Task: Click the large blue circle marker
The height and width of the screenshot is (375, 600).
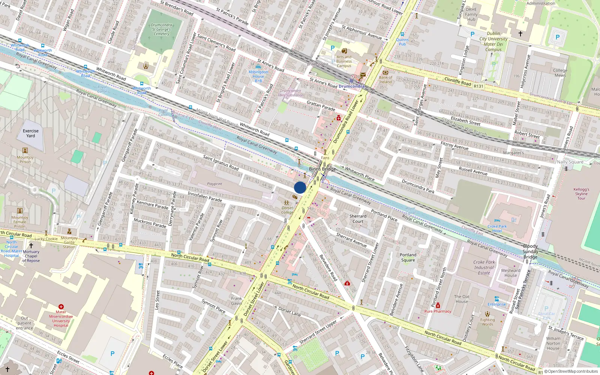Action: tap(300, 187)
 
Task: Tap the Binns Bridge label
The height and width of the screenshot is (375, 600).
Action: tap(322, 169)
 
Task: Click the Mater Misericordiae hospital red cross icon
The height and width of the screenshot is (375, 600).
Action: tap(61, 307)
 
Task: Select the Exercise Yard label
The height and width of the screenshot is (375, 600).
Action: tap(31, 133)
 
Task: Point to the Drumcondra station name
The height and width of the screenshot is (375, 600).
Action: tap(351, 86)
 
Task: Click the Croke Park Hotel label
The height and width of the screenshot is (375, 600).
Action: tap(497, 229)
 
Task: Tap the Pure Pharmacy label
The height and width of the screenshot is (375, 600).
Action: tap(438, 311)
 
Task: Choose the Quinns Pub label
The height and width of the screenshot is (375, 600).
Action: tap(402, 42)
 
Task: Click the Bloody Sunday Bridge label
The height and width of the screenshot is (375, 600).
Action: tap(530, 252)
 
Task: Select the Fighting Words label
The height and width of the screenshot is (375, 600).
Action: tap(487, 322)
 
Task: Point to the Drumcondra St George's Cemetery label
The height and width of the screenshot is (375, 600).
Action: tap(161, 30)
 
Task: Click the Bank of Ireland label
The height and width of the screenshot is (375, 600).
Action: tap(385, 79)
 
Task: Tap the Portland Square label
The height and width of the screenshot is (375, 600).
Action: tap(408, 257)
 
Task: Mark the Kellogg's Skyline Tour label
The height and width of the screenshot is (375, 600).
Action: tap(581, 194)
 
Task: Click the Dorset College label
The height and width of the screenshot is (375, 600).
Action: tap(288, 210)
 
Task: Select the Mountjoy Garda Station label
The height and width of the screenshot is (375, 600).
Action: tap(69, 242)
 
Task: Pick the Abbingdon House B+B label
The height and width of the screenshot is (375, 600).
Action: tap(258, 76)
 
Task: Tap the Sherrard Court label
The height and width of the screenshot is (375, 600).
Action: tap(358, 219)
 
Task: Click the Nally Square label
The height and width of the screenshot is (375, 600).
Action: tap(570, 162)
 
